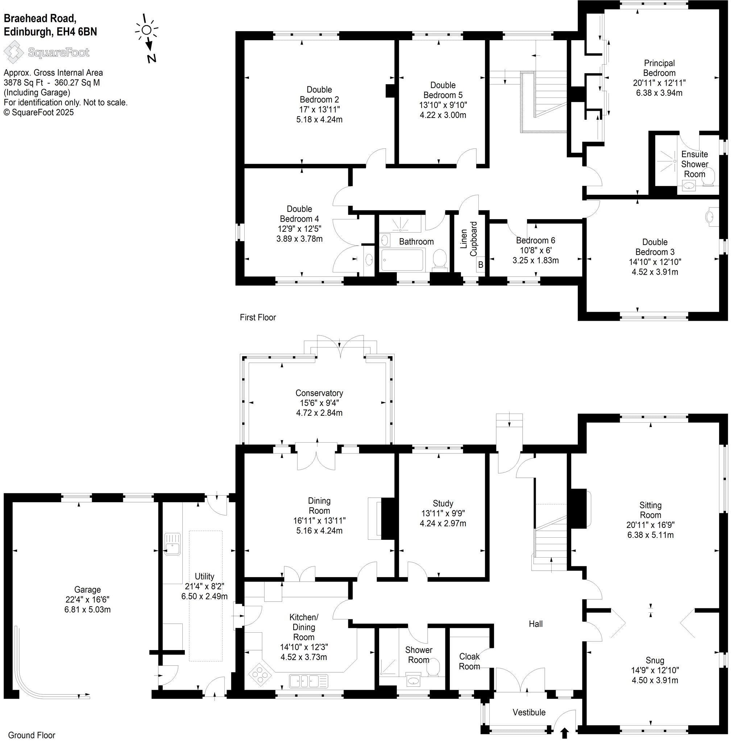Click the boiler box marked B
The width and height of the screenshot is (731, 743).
click(x=480, y=265)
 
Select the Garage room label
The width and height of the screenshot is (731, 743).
click(x=88, y=589)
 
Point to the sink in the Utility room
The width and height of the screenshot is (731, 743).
click(x=173, y=544)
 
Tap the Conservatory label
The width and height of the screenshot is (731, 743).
click(x=319, y=393)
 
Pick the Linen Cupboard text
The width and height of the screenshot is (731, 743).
click(x=469, y=239)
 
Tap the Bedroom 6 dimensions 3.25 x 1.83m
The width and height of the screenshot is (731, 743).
click(x=535, y=260)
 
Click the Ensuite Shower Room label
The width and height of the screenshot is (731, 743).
click(x=694, y=164)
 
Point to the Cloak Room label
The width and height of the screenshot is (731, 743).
click(x=469, y=661)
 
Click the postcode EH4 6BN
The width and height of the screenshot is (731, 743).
click(x=77, y=32)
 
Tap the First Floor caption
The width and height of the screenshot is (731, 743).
click(x=258, y=317)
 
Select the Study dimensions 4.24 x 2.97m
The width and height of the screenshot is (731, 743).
click(x=443, y=523)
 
